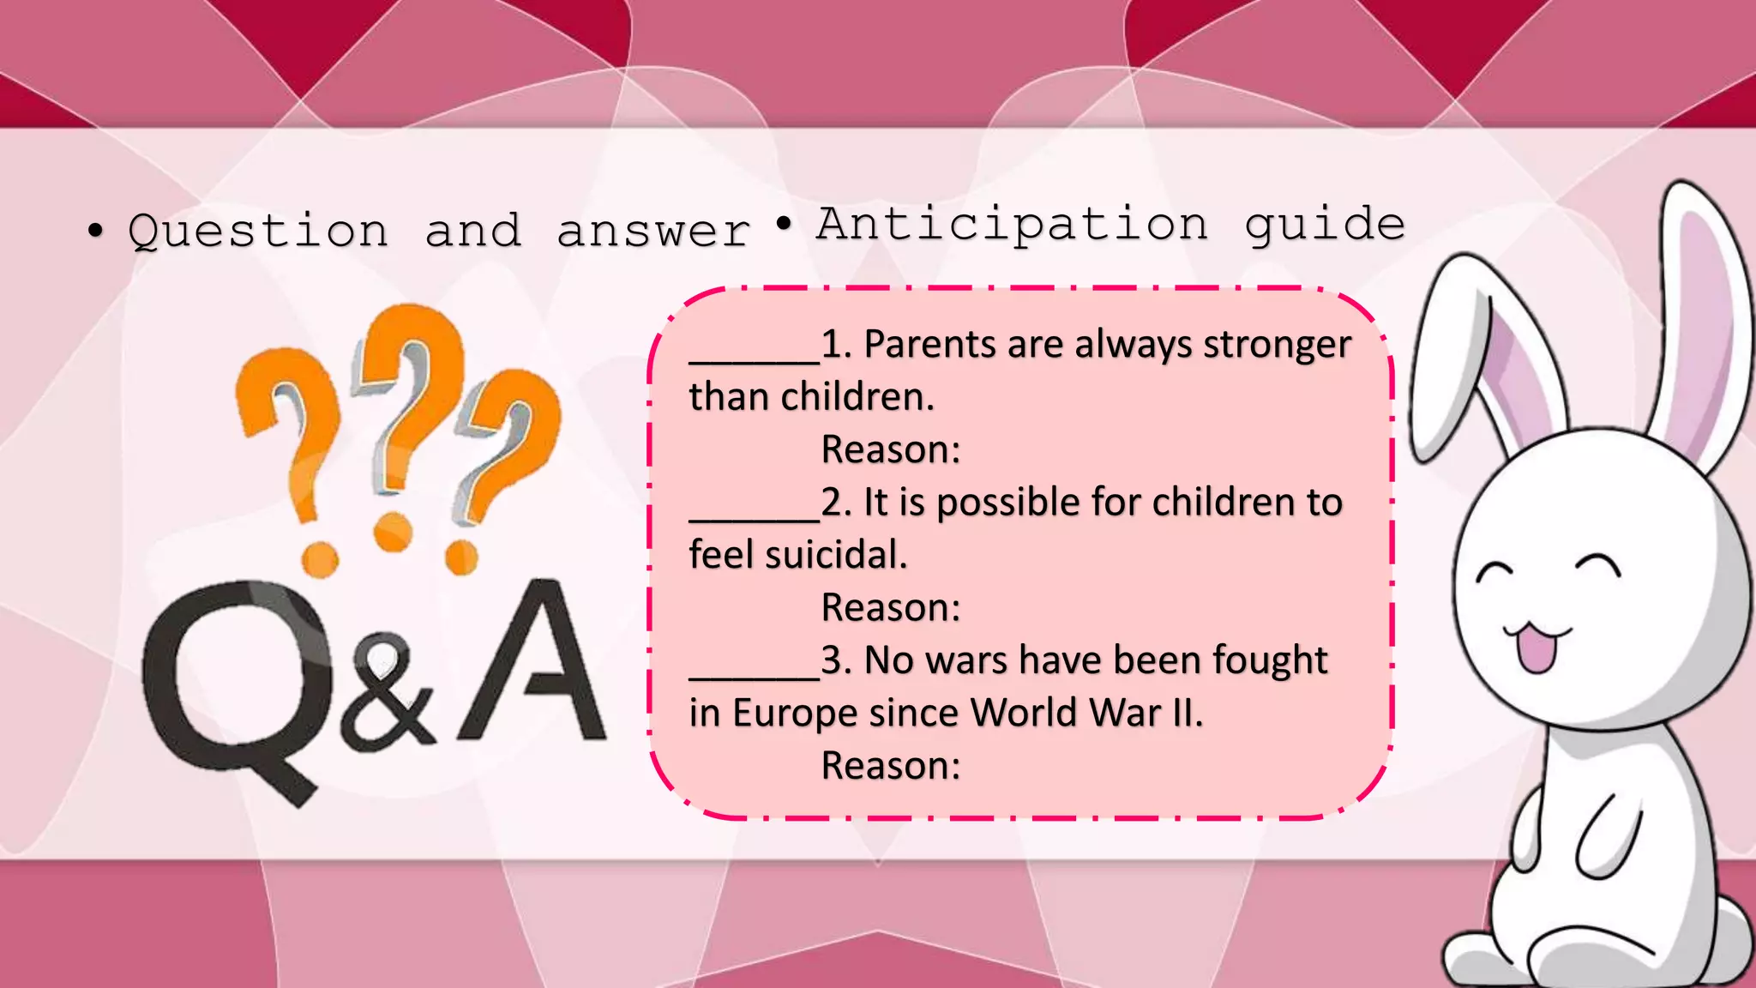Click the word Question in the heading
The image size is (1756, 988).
tap(257, 232)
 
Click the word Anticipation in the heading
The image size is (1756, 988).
tap(1012, 225)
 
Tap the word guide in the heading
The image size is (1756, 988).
tap(1325, 225)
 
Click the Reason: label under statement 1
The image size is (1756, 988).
tap(891, 450)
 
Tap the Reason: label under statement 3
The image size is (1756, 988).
tap(891, 766)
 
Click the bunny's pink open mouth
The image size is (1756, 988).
tap(1536, 648)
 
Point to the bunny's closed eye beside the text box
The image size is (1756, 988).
tap(1496, 572)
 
